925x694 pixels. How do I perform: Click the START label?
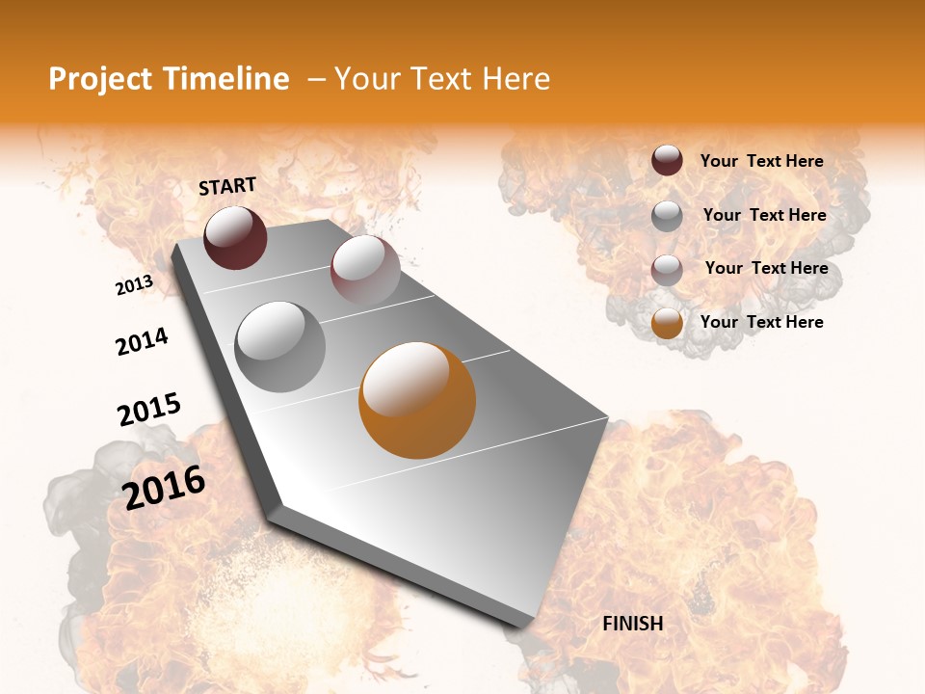pos(227,186)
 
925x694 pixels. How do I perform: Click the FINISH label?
pos(632,624)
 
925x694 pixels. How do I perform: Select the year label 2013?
pos(135,285)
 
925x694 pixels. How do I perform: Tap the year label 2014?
pos(142,342)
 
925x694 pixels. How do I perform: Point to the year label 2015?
pos(149,410)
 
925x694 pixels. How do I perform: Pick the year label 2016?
pos(164,487)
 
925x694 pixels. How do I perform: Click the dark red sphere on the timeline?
pos(235,238)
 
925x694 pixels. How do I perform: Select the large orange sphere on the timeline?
pos(417,400)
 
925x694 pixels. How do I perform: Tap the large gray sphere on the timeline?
pos(280,346)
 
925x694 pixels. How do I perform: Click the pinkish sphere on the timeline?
pos(365,270)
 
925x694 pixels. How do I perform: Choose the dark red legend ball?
pos(667,161)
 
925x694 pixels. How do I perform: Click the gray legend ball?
pos(667,216)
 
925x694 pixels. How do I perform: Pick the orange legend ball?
pos(667,323)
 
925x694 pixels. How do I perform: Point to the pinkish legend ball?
pos(667,270)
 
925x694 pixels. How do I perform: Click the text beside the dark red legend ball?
pos(761,161)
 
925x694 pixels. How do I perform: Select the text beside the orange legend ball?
pos(761,322)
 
